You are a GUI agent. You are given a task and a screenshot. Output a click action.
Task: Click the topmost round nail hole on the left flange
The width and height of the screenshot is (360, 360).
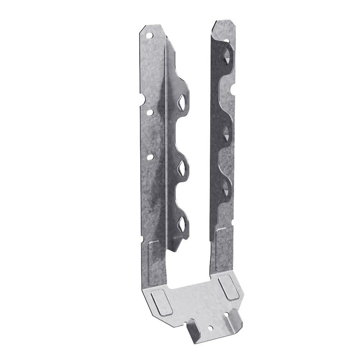pos(149,37)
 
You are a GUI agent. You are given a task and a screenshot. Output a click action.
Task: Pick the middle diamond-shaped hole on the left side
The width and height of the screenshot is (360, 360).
pos(183,166)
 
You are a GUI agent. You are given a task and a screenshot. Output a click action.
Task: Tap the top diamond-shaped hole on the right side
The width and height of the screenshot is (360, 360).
pos(227,54)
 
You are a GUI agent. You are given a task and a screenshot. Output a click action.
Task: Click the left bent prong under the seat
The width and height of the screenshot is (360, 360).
pos(195,330)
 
